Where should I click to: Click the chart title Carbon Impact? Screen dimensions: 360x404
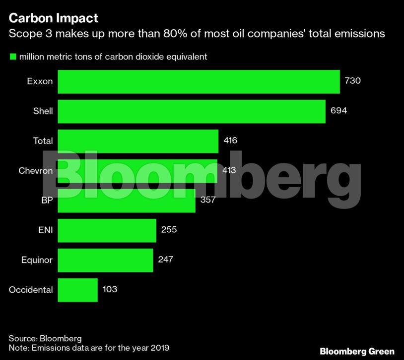tap(54, 18)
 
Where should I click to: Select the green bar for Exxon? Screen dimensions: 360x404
tap(199, 82)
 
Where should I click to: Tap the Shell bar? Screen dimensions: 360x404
tap(192, 111)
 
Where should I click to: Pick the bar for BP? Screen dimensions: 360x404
tap(127, 201)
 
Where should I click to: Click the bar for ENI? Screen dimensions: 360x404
tap(107, 230)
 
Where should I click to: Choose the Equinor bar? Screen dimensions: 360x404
tap(105, 260)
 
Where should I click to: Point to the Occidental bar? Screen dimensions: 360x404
tap(77, 290)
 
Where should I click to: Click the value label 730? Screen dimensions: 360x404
tap(352, 81)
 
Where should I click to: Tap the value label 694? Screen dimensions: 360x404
tap(338, 111)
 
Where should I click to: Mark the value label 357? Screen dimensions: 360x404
tap(208, 200)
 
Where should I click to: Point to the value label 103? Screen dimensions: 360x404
tap(110, 289)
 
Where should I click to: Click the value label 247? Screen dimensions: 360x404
tap(166, 259)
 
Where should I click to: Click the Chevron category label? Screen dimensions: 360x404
tap(36, 171)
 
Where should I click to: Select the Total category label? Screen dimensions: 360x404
tap(43, 141)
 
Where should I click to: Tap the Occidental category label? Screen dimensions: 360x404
tap(31, 290)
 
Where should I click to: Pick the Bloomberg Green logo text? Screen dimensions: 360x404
tap(357, 351)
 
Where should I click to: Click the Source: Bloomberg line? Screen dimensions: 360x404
tap(45, 338)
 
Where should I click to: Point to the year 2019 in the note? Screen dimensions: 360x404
tap(159, 348)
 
